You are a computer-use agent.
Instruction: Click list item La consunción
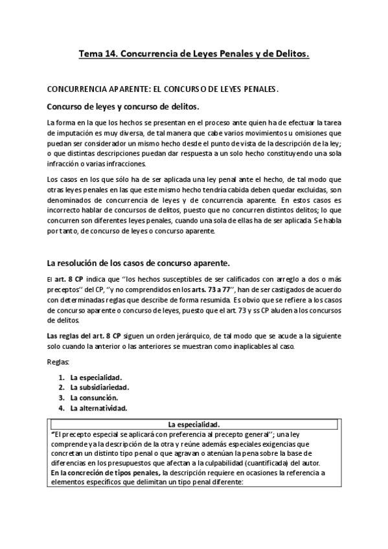click(x=98, y=398)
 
